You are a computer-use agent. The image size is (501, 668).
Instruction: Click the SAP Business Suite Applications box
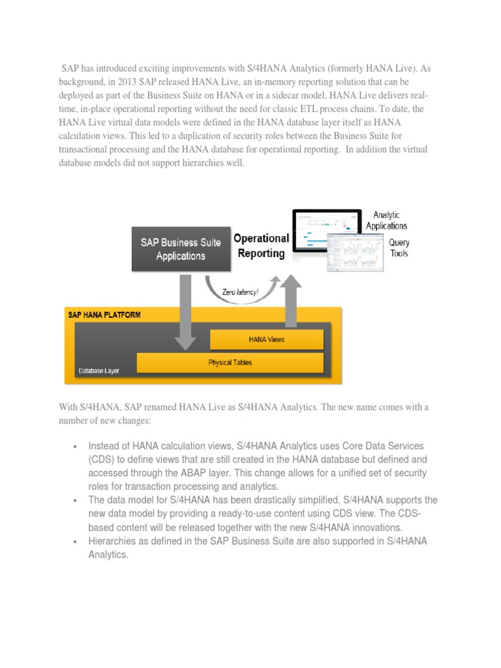[181, 249]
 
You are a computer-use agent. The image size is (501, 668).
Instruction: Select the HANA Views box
[266, 339]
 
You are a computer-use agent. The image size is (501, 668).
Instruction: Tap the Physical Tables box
[230, 362]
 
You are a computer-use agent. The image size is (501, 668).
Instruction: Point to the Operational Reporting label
[261, 246]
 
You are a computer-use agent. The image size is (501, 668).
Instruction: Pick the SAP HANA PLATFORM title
[104, 314]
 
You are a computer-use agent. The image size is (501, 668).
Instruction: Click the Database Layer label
[99, 371]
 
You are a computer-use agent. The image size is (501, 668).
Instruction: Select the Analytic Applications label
[386, 220]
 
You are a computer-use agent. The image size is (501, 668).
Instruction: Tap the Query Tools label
[399, 248]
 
